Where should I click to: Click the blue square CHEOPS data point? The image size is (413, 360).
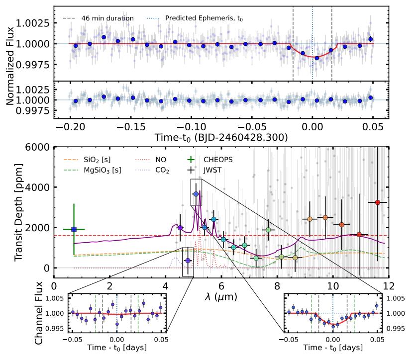74,229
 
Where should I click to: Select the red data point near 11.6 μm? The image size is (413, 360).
378,202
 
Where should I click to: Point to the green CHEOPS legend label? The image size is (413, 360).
216,160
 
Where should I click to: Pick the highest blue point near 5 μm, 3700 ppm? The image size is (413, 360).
196,193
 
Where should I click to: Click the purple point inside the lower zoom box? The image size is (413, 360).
188,261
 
